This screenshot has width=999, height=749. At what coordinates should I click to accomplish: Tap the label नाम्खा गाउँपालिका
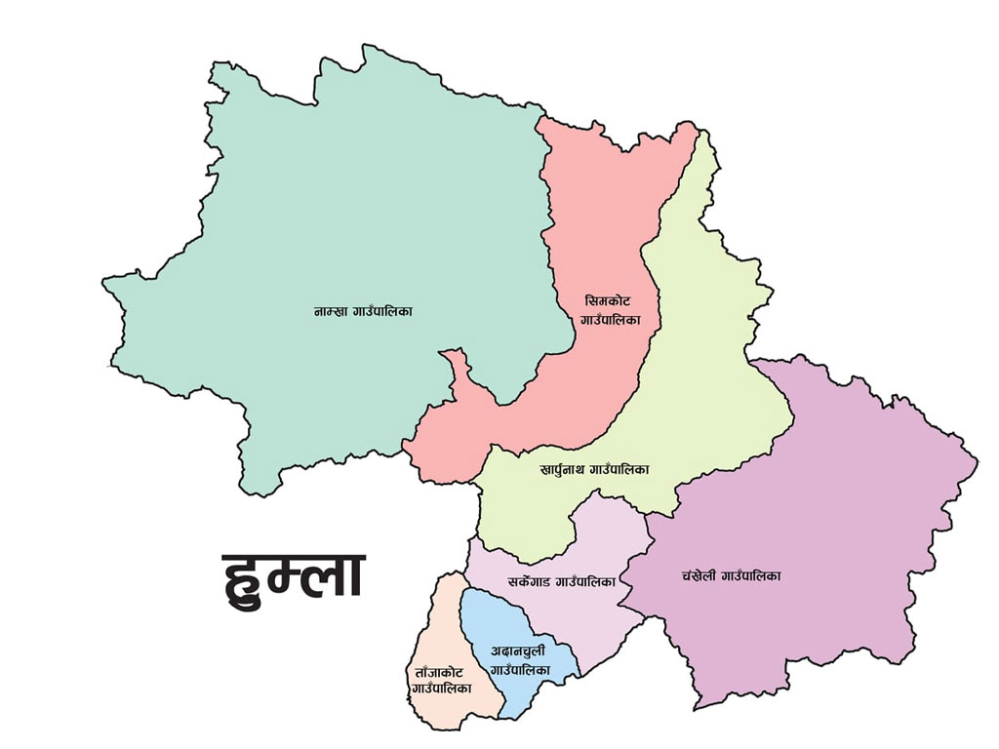[x=363, y=311]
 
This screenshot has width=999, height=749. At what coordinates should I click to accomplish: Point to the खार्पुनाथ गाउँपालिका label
[x=594, y=469]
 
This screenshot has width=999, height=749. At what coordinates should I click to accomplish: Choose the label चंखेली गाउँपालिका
[x=732, y=575]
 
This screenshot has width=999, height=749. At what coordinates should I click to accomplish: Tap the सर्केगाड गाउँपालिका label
[x=561, y=581]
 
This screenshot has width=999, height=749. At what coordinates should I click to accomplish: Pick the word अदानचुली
[x=518, y=650]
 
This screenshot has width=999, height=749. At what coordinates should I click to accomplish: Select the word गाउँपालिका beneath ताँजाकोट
[x=441, y=688]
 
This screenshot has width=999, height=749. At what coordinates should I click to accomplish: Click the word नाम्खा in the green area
[x=330, y=311]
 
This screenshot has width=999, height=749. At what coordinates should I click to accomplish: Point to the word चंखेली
[x=701, y=575]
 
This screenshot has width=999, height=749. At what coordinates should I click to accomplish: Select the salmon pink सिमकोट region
[x=595, y=215]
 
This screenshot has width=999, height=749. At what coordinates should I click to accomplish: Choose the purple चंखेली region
[x=829, y=488]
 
